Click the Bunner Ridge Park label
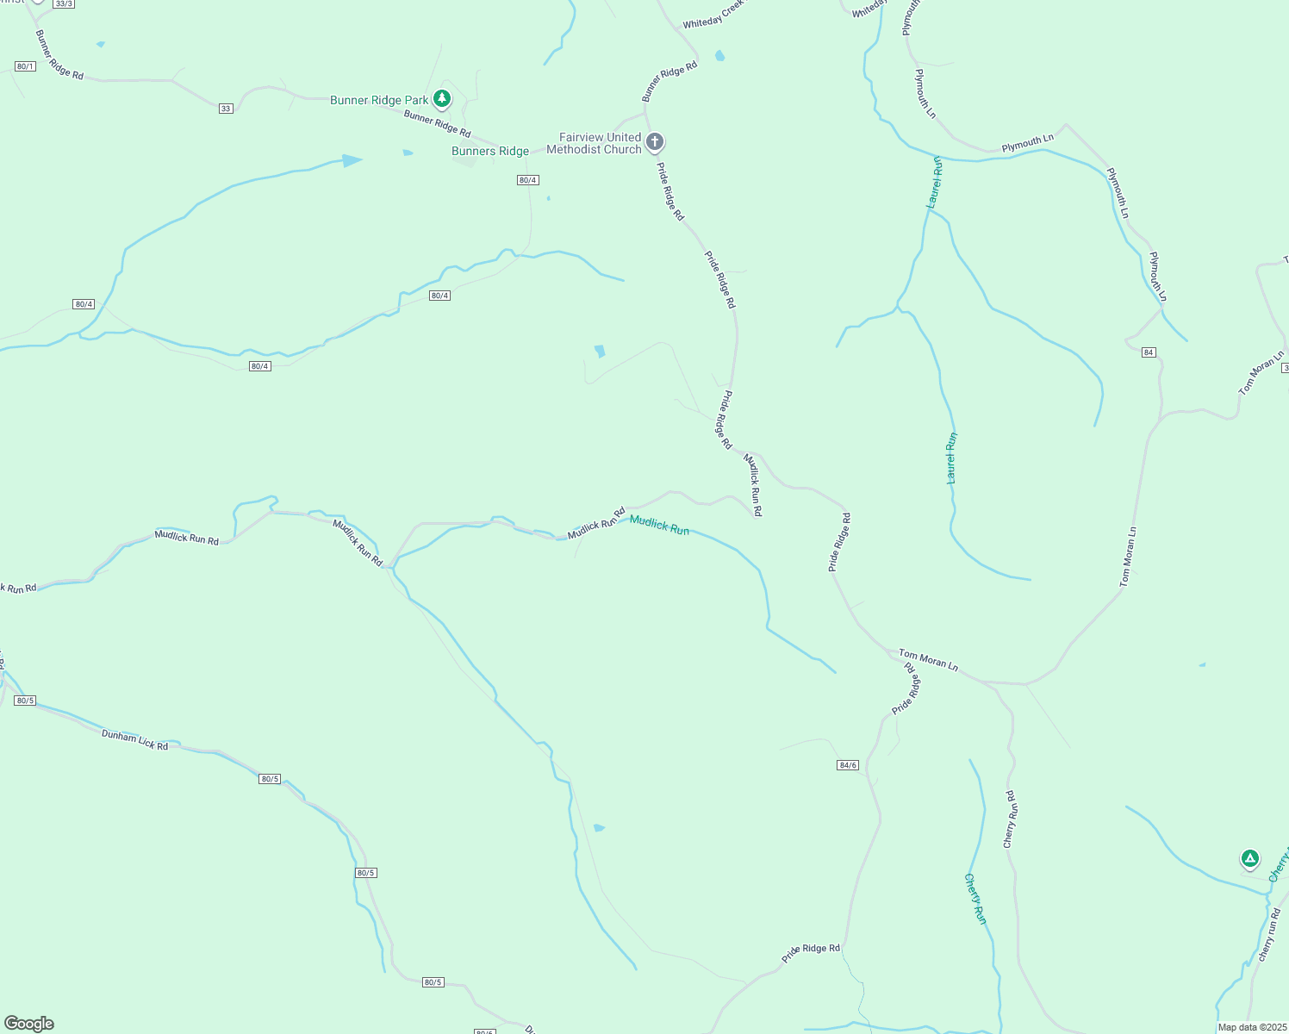pyautogui.click(x=379, y=101)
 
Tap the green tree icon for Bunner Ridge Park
pyautogui.click(x=442, y=99)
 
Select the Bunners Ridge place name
pyautogui.click(x=490, y=152)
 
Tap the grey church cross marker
pyautogui.click(x=655, y=141)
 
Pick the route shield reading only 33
pyautogui.click(x=226, y=109)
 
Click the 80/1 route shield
pyautogui.click(x=25, y=66)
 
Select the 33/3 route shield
pyautogui.click(x=64, y=4)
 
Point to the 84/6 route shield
pyautogui.click(x=848, y=765)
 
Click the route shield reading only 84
pyautogui.click(x=1149, y=352)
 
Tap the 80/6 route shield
pyautogui.click(x=484, y=1031)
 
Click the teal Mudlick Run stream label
pyautogui.click(x=659, y=525)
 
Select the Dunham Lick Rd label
pyautogui.click(x=134, y=739)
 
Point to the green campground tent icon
pyautogui.click(x=1249, y=858)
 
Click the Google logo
pyautogui.click(x=29, y=1024)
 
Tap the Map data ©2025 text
pyautogui.click(x=1251, y=1027)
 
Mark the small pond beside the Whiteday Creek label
pyautogui.click(x=719, y=56)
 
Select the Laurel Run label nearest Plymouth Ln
pyautogui.click(x=935, y=182)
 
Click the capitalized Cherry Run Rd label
pyautogui.click(x=1012, y=819)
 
